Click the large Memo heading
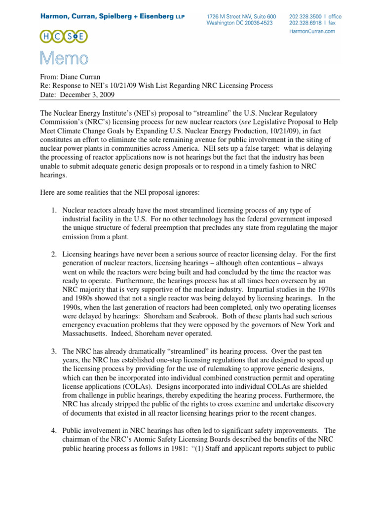coord(65,59)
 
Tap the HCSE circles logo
coord(65,36)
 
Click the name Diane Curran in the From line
coord(81,77)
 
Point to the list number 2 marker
coord(54,254)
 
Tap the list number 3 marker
coord(54,351)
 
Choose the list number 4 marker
coord(54,426)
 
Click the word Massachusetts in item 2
coord(86,334)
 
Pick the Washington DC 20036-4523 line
coord(239,23)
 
